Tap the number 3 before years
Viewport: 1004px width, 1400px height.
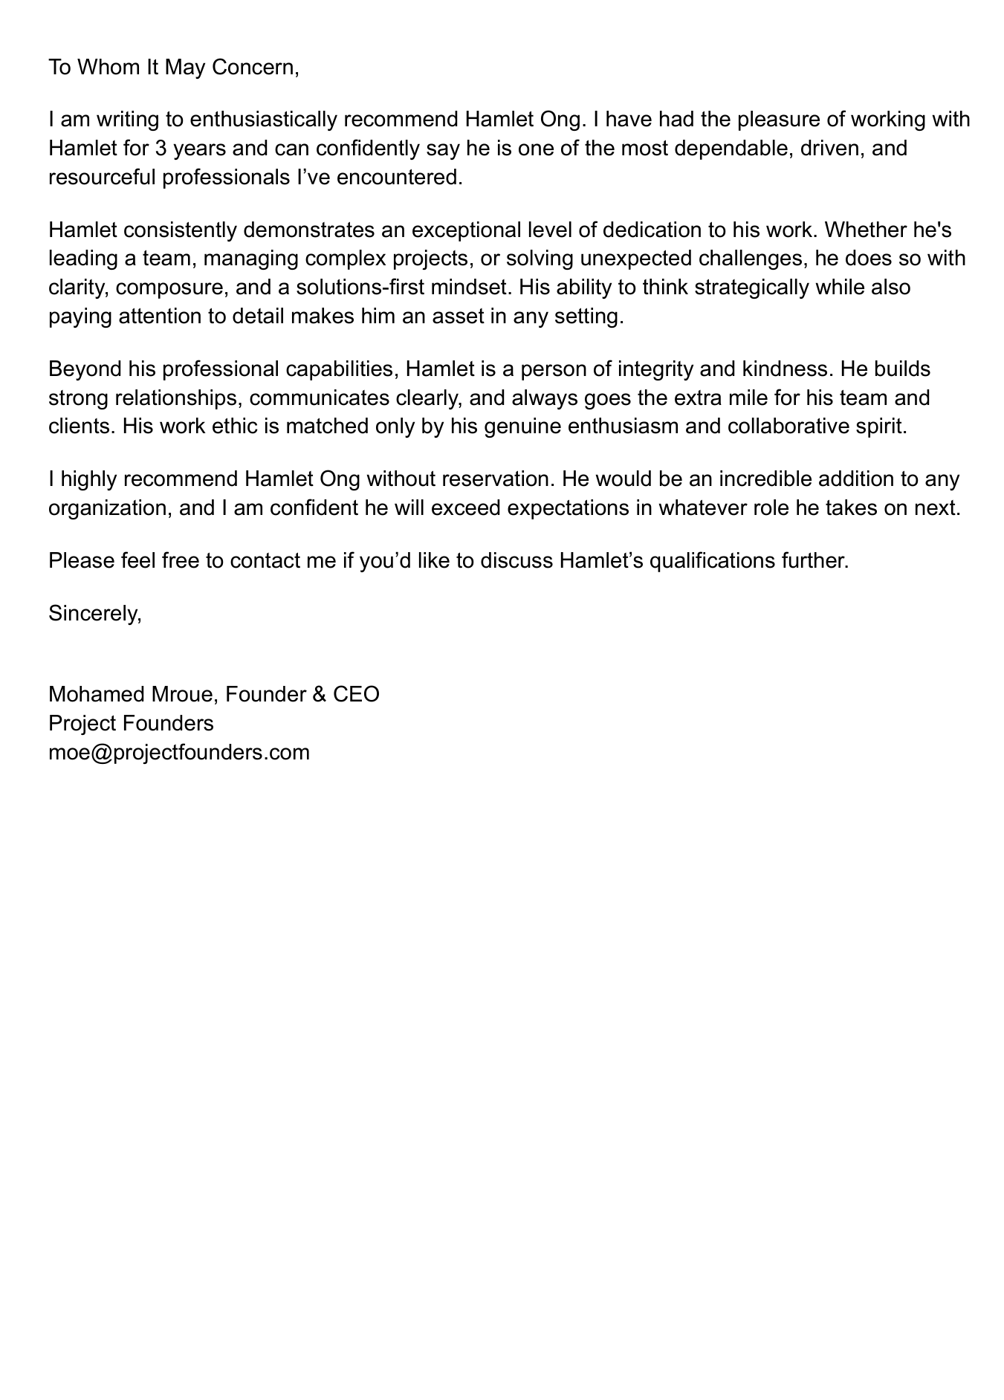(160, 149)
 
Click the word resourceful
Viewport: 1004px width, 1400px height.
(103, 178)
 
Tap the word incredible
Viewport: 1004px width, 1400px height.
(776, 479)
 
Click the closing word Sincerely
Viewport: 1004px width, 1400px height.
(94, 613)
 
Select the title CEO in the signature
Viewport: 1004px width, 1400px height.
(356, 695)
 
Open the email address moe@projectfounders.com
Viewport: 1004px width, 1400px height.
(179, 753)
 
